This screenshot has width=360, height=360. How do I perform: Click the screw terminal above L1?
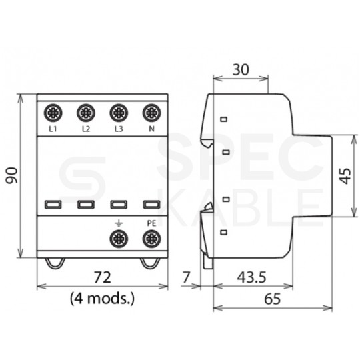(x=52, y=112)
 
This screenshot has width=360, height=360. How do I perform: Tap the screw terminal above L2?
(x=85, y=112)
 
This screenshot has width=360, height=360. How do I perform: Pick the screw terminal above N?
(x=151, y=112)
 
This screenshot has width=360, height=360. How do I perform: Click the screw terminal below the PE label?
(x=151, y=237)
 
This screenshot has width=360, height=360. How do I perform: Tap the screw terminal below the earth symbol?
(x=119, y=237)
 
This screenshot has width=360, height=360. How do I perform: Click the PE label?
(x=151, y=222)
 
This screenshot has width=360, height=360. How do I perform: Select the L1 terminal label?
(x=52, y=128)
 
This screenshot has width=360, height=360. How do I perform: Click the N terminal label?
(x=151, y=128)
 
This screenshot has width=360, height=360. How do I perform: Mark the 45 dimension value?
(x=344, y=176)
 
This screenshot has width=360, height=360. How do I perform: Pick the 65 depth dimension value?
(x=272, y=299)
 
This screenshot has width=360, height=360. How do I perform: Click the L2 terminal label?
(x=85, y=128)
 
